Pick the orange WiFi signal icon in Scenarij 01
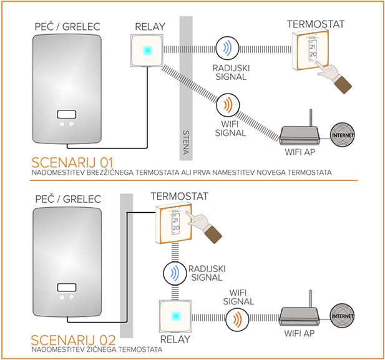(x=227, y=102)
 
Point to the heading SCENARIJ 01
(x=73, y=160)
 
